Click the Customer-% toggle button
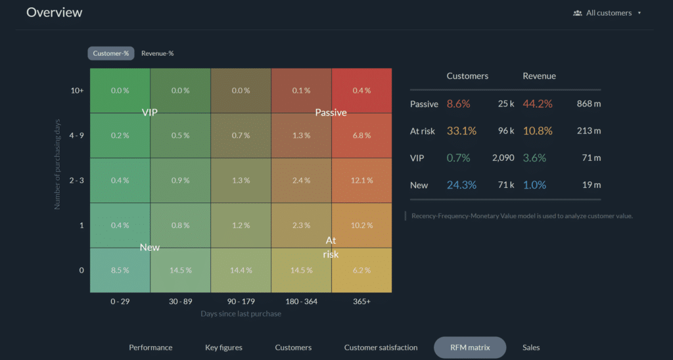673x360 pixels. (x=111, y=53)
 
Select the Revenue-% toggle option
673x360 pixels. (x=158, y=53)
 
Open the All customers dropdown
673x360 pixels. (x=608, y=12)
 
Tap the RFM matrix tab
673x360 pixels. (x=470, y=348)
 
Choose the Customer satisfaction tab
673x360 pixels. (x=381, y=348)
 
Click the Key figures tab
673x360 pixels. (x=223, y=348)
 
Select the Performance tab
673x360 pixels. (x=151, y=348)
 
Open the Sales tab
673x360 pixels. (x=531, y=348)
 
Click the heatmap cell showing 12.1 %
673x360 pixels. (x=361, y=181)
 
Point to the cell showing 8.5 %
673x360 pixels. (x=120, y=270)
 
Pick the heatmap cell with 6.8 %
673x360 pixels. (x=361, y=135)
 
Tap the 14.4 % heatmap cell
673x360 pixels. (x=241, y=270)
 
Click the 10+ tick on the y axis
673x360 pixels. (x=78, y=91)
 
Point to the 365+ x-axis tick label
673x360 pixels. (x=361, y=301)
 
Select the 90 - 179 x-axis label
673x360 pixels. (x=241, y=301)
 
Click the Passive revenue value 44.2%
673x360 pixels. (x=537, y=104)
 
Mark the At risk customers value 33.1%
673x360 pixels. (x=461, y=131)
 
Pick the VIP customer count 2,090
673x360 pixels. (x=503, y=158)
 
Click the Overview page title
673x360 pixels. (x=55, y=12)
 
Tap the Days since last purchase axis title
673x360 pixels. (x=241, y=314)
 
